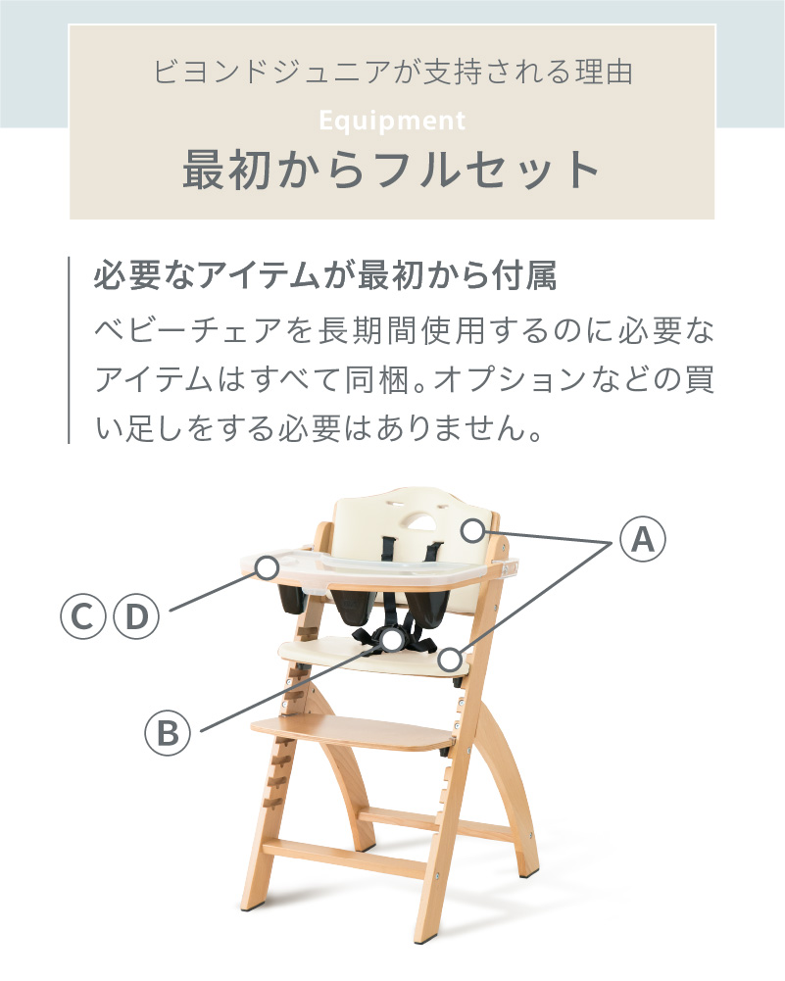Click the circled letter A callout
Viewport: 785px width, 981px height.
(x=641, y=539)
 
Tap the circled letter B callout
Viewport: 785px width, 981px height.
(x=168, y=731)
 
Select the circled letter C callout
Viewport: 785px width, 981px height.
(x=82, y=616)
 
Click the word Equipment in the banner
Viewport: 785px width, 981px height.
(x=392, y=122)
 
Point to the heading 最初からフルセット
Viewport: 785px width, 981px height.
(x=392, y=170)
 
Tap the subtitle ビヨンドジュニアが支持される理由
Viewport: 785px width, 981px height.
(x=392, y=74)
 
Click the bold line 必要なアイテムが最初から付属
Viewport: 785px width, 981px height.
(x=325, y=276)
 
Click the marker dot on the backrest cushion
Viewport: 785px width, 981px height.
(x=473, y=531)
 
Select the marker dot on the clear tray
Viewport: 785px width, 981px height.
(x=266, y=565)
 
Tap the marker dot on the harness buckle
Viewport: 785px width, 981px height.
(x=395, y=640)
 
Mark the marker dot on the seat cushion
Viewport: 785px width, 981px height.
(x=450, y=660)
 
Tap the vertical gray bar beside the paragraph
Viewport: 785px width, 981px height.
(x=70, y=350)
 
